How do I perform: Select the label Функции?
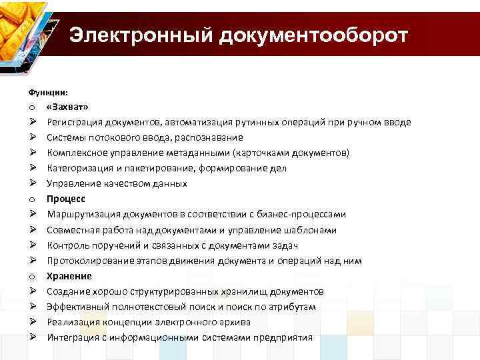(x=48, y=92)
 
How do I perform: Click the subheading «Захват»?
(x=67, y=107)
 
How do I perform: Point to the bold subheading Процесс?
(x=66, y=199)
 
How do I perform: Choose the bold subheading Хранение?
(x=69, y=276)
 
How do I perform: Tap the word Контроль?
(x=65, y=245)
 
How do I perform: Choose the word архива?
(x=235, y=322)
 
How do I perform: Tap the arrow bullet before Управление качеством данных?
(x=32, y=183)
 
